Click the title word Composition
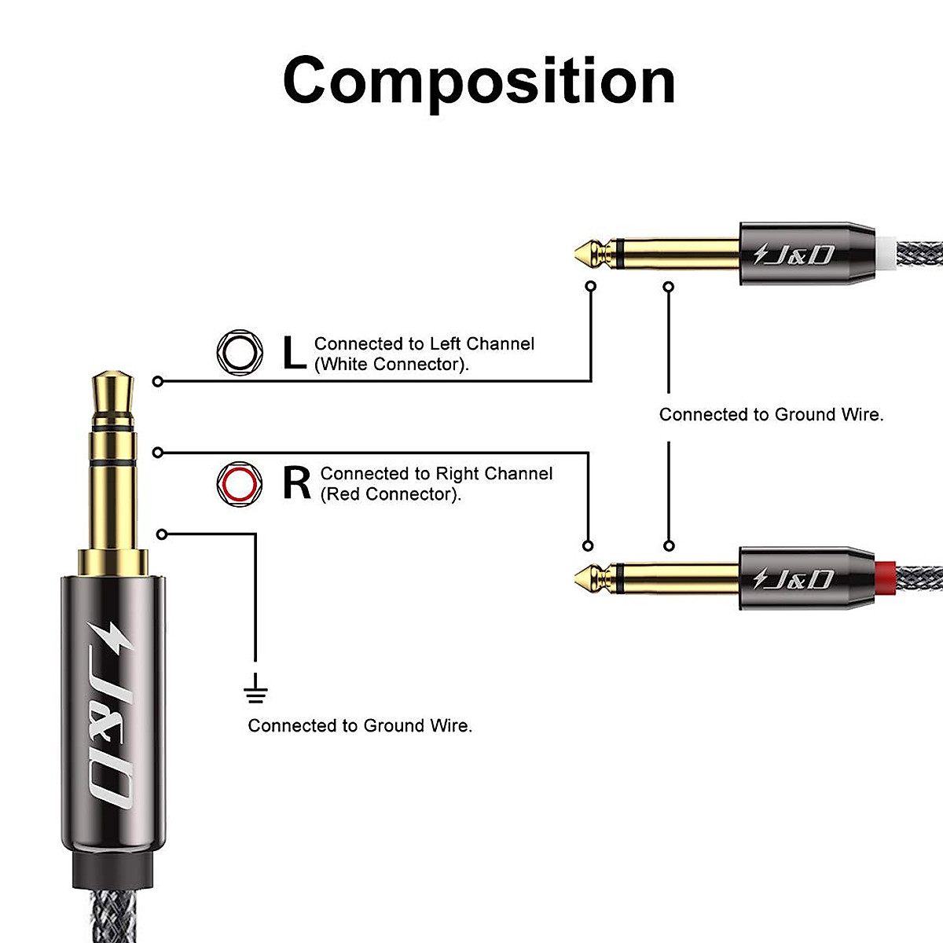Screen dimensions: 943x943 coord(479,81)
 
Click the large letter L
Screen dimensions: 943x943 coord(293,353)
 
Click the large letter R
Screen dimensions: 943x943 coord(296,483)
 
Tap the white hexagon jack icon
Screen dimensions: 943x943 coord(239,352)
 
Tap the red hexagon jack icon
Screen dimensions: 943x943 coord(239,483)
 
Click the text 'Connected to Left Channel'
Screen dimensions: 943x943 coord(424,343)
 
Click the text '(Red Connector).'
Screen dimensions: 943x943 coord(391,494)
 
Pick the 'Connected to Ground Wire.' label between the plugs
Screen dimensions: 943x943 coord(771,414)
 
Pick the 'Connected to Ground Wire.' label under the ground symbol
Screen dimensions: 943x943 coord(360,725)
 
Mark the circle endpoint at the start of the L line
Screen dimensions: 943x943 coord(159,381)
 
